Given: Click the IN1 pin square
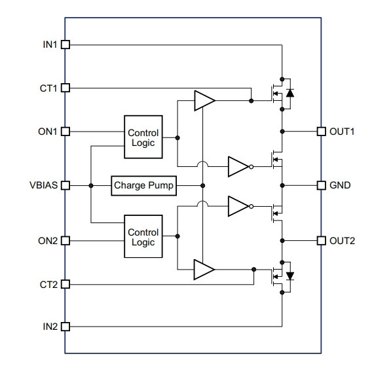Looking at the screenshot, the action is (x=65, y=45).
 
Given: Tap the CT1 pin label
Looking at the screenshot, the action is (x=48, y=88).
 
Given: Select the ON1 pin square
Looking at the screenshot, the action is (x=65, y=132).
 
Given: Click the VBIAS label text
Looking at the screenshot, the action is (x=43, y=185).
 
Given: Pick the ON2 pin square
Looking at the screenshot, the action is (x=65, y=241).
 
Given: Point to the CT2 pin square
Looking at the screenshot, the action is (x=65, y=285).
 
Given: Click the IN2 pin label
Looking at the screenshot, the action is (x=50, y=327).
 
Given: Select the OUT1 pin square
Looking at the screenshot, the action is (x=322, y=132).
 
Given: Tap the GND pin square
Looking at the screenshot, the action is (x=322, y=185).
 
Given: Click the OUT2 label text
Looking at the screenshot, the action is (x=342, y=241).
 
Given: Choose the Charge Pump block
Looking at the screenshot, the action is (x=144, y=186).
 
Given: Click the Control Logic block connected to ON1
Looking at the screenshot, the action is (x=143, y=137).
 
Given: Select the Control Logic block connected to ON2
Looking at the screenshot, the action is (x=143, y=236).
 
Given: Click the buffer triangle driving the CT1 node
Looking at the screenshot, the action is (x=204, y=101).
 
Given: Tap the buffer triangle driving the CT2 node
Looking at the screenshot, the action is (x=204, y=270).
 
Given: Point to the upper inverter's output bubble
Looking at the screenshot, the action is (x=252, y=167).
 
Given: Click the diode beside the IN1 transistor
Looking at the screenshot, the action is (x=290, y=93).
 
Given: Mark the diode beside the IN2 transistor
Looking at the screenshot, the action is (x=290, y=276).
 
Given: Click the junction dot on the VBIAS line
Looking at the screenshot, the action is (x=91, y=186).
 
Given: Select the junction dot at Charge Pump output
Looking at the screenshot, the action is (x=202, y=186).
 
